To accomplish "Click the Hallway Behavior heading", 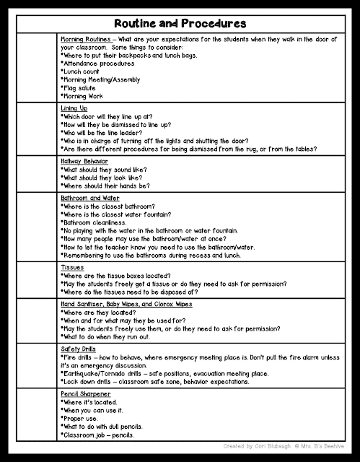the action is click(85, 162).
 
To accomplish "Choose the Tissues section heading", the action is click(72, 266).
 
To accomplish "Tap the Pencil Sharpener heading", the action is click(85, 393).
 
